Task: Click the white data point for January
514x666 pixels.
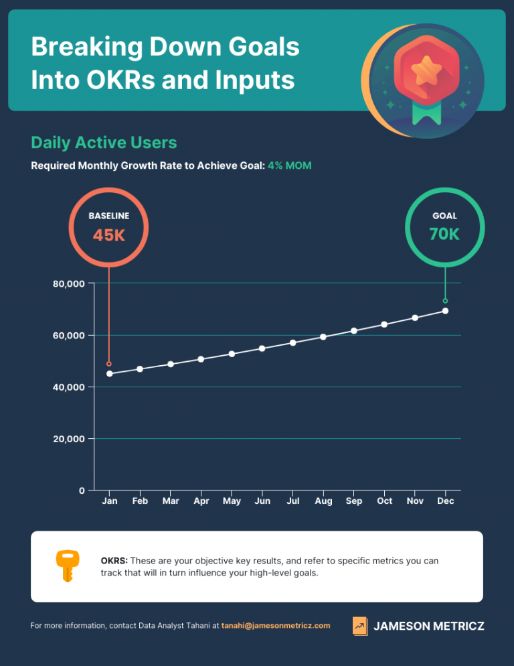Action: pos(110,373)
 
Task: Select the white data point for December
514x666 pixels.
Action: pos(445,311)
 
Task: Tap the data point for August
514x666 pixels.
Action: pos(323,337)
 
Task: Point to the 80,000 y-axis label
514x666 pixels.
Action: pos(68,283)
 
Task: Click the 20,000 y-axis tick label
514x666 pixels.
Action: pos(68,439)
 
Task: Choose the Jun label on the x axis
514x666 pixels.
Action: pos(262,501)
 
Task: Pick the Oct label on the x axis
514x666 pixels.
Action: pos(384,501)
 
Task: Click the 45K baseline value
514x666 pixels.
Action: pos(109,236)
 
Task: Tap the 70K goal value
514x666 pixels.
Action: pos(444,235)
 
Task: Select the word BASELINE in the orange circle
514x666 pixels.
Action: pos(109,216)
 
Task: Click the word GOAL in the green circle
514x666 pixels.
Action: pos(444,216)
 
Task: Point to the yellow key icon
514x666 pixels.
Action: pos(67,565)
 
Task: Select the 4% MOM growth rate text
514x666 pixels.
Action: pos(290,165)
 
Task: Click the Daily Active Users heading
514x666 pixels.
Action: pos(104,143)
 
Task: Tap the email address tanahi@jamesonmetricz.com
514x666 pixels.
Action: pos(276,626)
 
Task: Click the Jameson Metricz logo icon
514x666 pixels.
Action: pos(360,626)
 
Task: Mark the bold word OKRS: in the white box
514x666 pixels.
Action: pos(114,561)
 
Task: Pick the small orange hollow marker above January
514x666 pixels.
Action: pos(109,364)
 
